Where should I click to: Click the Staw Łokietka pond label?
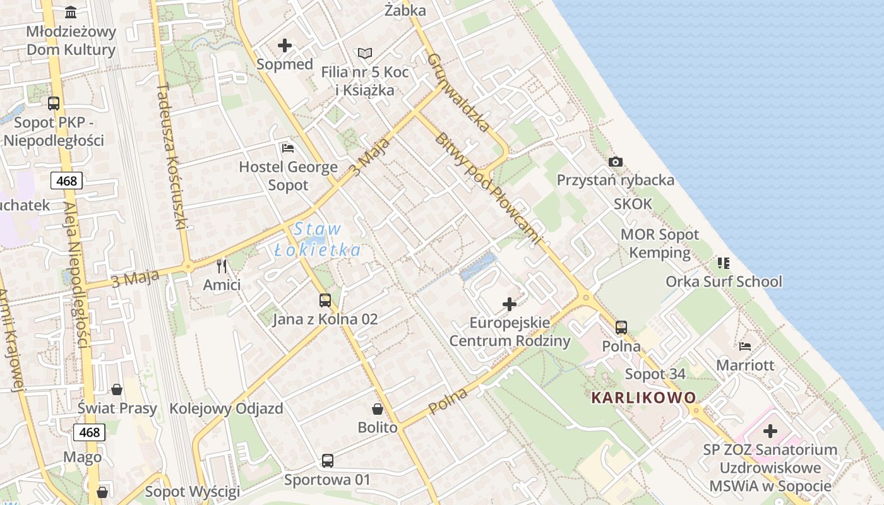click(318, 239)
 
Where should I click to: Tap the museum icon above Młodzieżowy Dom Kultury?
click(71, 12)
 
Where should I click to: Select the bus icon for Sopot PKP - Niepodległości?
click(54, 104)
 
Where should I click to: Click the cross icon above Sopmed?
click(285, 45)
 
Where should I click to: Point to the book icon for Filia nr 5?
click(365, 54)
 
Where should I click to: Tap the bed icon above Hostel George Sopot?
click(288, 148)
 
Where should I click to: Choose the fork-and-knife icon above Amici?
click(222, 266)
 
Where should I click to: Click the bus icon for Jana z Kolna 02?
click(325, 300)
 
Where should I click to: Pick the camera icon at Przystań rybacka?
click(616, 162)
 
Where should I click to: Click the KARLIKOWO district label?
click(643, 398)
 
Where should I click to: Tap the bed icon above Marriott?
click(745, 346)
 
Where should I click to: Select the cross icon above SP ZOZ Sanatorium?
click(770, 432)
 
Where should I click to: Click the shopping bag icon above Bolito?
click(378, 409)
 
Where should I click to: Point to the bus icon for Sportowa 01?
click(327, 461)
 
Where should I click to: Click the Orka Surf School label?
click(724, 282)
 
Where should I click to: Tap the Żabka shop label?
click(405, 11)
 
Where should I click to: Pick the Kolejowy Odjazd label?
click(226, 408)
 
